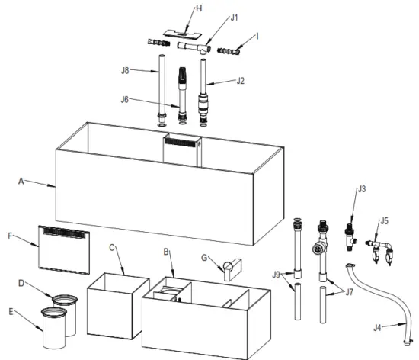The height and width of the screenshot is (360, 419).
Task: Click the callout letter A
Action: pyautogui.click(x=21, y=182)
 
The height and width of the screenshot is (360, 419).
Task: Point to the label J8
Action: pyautogui.click(x=126, y=72)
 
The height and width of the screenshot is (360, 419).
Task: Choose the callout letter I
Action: pyautogui.click(x=259, y=36)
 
